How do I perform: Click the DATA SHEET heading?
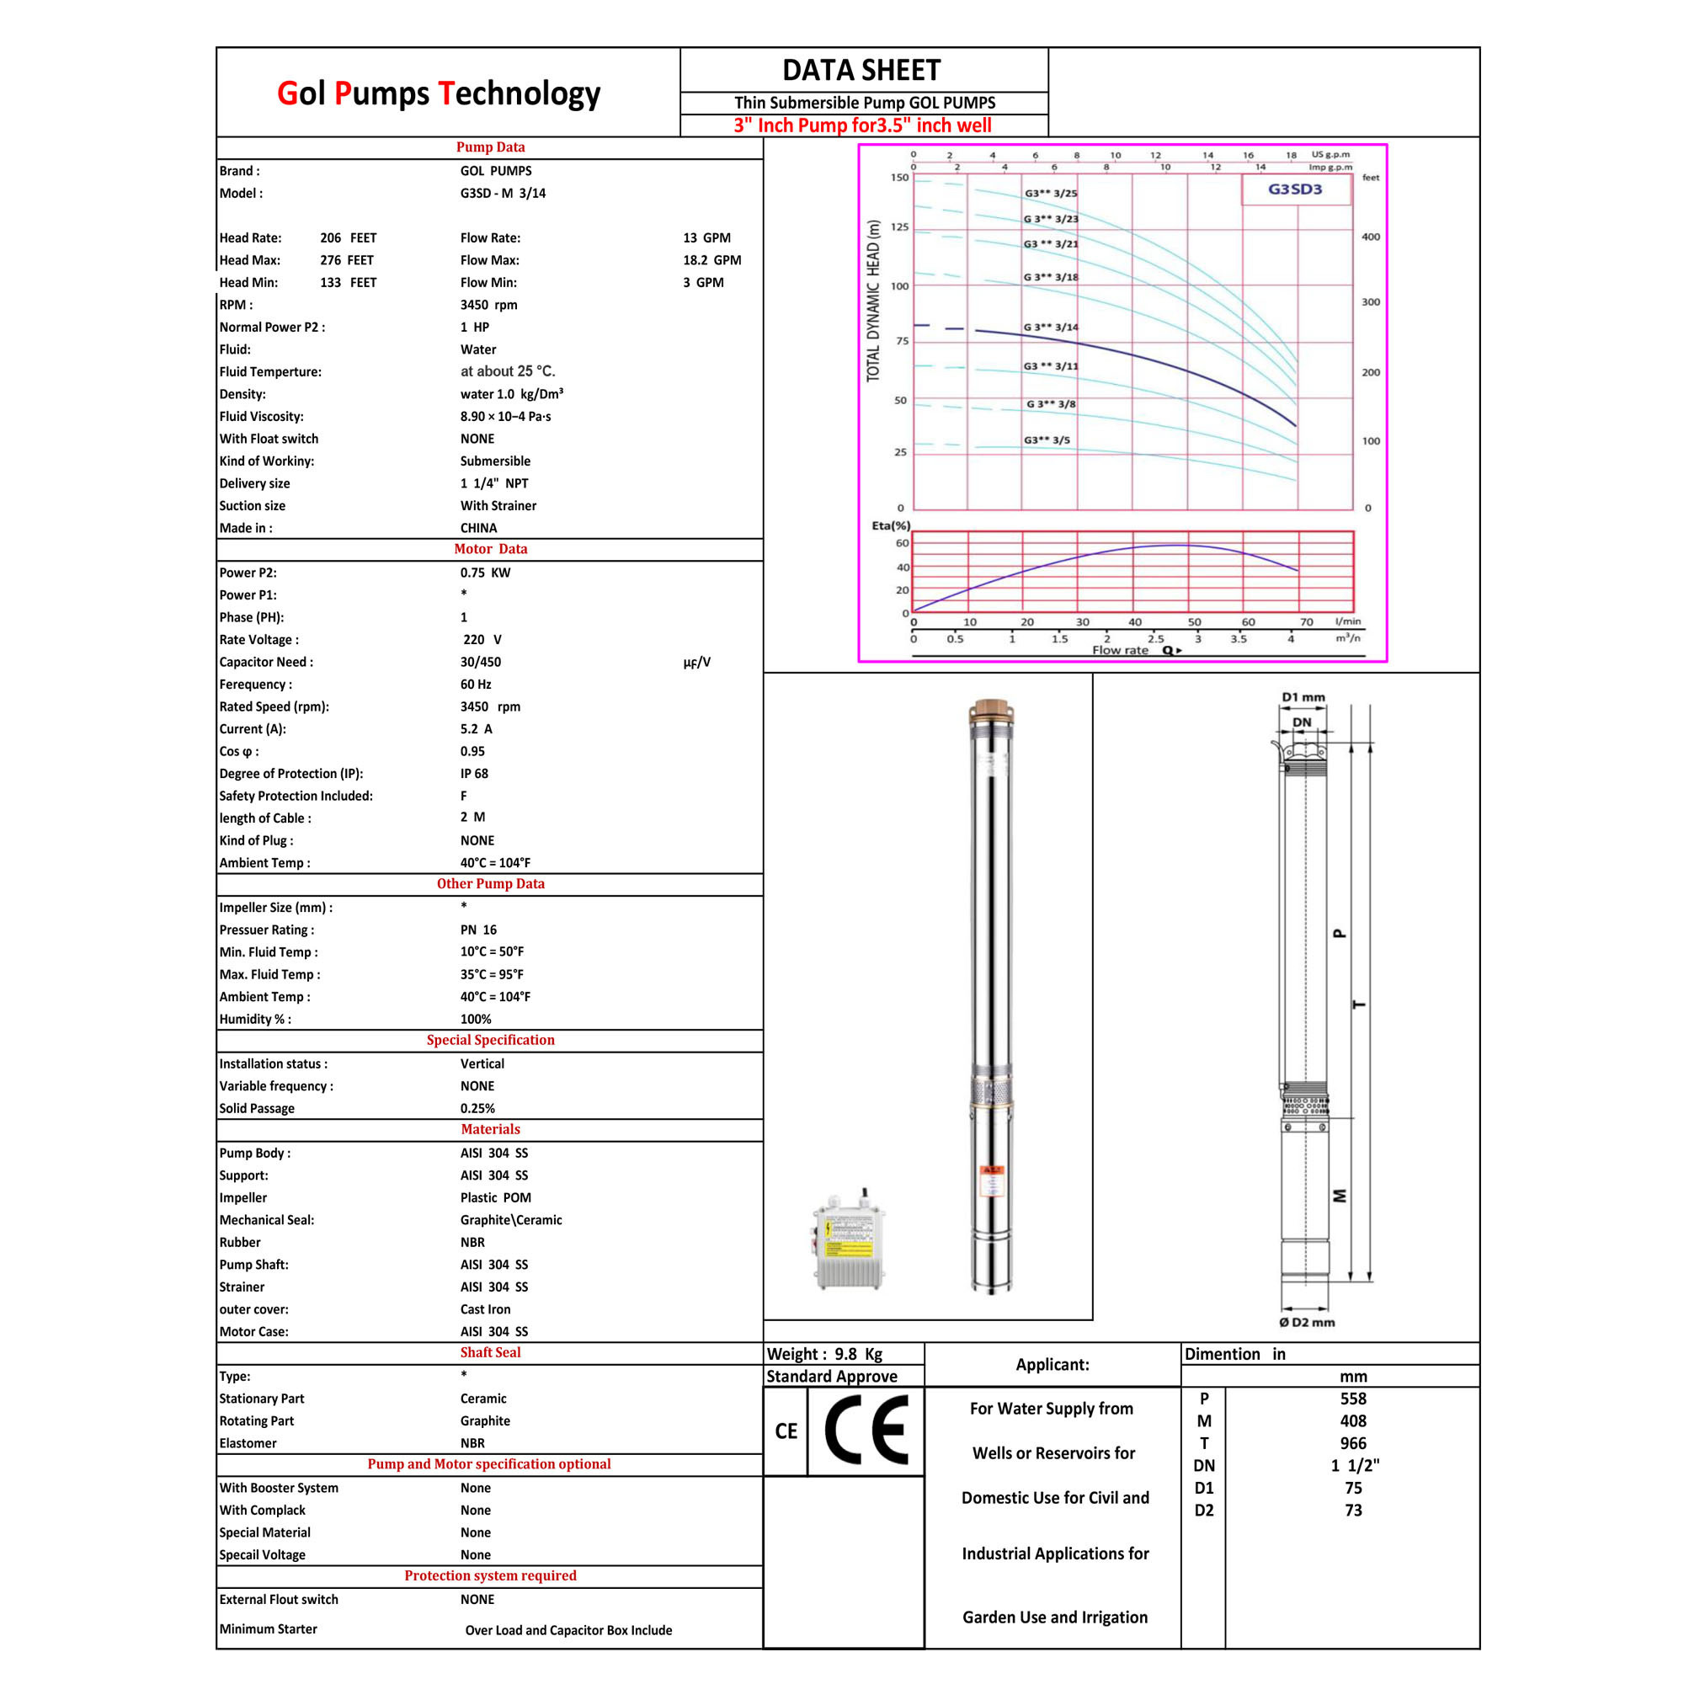tap(861, 70)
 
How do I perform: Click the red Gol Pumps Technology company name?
tap(439, 94)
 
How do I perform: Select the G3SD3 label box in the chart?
tap(1295, 189)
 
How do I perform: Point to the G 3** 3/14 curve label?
tap(1050, 328)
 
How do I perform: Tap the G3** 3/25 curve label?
tap(1050, 194)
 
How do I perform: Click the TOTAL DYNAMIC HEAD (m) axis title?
tap(873, 301)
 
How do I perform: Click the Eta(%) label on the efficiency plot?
tap(891, 525)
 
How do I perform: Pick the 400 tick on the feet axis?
tap(1370, 237)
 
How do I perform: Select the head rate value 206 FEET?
tap(348, 238)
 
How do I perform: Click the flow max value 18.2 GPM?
tap(712, 259)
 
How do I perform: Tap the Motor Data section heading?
tap(490, 549)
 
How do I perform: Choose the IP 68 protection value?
tap(474, 773)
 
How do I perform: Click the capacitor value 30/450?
tap(480, 662)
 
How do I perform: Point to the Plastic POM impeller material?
tap(495, 1197)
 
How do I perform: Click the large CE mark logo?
tap(866, 1430)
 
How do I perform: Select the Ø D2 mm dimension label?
tap(1307, 1322)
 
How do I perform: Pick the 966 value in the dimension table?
tap(1353, 1443)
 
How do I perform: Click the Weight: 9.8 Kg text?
tap(824, 1354)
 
